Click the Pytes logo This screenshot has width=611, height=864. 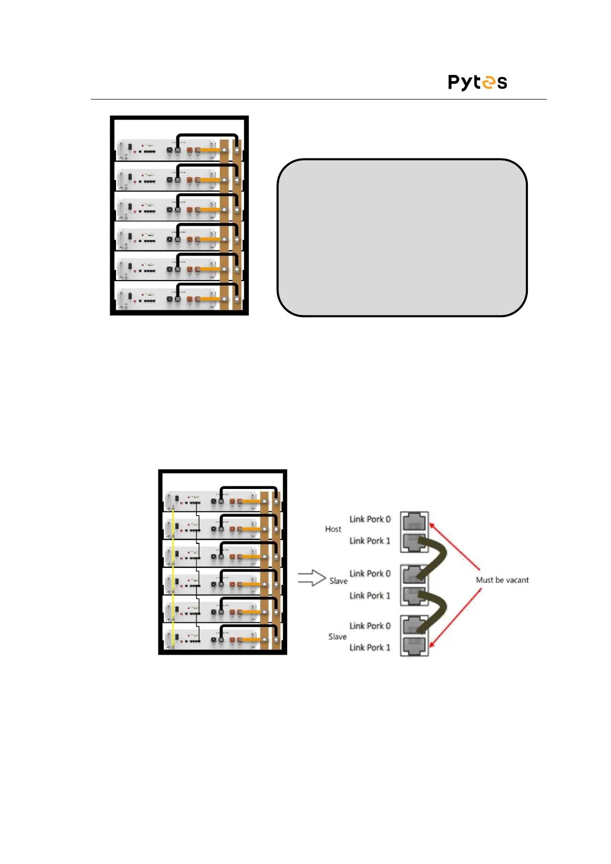click(x=477, y=82)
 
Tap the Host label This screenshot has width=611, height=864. click(x=333, y=529)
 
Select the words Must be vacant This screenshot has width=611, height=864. click(x=502, y=580)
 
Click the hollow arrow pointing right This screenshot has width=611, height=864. click(x=311, y=578)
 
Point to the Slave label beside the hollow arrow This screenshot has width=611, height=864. click(x=338, y=581)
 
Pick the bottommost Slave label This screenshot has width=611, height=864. click(x=337, y=637)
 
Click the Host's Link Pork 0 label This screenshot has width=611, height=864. click(x=370, y=519)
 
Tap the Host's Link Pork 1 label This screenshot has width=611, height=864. click(x=370, y=541)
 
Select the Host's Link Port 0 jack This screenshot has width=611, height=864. click(x=414, y=522)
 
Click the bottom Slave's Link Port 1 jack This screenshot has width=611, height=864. click(x=414, y=646)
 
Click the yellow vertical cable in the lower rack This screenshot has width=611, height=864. click(x=173, y=575)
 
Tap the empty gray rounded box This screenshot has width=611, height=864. click(x=402, y=238)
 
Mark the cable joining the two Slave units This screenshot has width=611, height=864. click(x=436, y=610)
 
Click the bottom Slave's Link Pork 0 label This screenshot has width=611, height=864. click(x=370, y=626)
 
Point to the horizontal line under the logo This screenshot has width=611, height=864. click(x=318, y=99)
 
